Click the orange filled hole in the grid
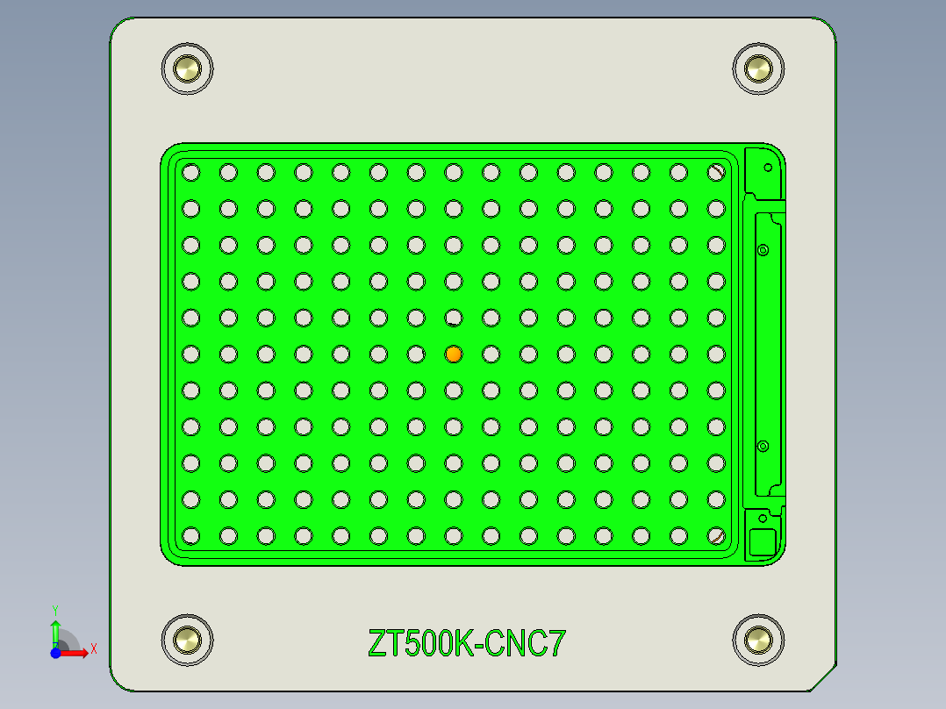pyautogui.click(x=454, y=354)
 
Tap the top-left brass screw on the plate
pyautogui.click(x=188, y=68)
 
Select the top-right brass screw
pyautogui.click(x=757, y=68)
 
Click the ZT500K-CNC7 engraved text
pyautogui.click(x=467, y=644)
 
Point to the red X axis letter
pyautogui.click(x=94, y=648)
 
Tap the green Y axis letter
pyautogui.click(x=54, y=609)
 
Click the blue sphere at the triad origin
pyautogui.click(x=55, y=653)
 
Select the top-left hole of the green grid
pyautogui.click(x=190, y=173)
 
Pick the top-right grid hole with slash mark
pyautogui.click(x=717, y=173)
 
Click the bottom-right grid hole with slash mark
pyautogui.click(x=717, y=535)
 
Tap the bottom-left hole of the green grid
pyautogui.click(x=190, y=535)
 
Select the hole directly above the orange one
pyautogui.click(x=454, y=318)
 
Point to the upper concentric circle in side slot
pyautogui.click(x=763, y=250)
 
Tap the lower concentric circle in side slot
pyautogui.click(x=763, y=447)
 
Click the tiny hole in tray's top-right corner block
pyautogui.click(x=769, y=167)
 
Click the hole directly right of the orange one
pyautogui.click(x=491, y=354)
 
